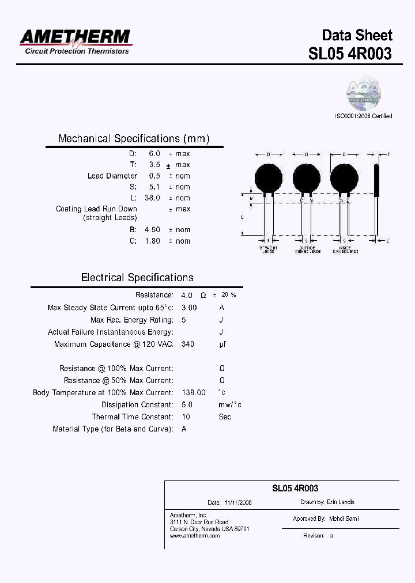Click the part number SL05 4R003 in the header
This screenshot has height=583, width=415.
350,54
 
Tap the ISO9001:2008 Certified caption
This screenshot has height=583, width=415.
363,116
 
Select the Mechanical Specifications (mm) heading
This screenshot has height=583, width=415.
134,139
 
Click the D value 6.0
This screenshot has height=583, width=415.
154,154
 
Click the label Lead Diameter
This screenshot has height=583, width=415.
112,176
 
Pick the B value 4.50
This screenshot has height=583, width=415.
152,229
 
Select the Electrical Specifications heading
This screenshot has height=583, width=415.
137,278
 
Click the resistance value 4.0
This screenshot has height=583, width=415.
187,295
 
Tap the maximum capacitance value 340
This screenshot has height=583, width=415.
188,344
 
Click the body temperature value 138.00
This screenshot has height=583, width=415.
193,392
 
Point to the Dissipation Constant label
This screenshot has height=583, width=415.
137,404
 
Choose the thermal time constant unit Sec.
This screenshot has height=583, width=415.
225,417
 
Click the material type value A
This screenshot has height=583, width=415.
184,429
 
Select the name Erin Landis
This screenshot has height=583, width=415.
341,502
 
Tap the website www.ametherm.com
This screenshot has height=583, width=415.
195,536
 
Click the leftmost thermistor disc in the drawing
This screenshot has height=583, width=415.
269,177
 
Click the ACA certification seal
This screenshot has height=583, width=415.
364,92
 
